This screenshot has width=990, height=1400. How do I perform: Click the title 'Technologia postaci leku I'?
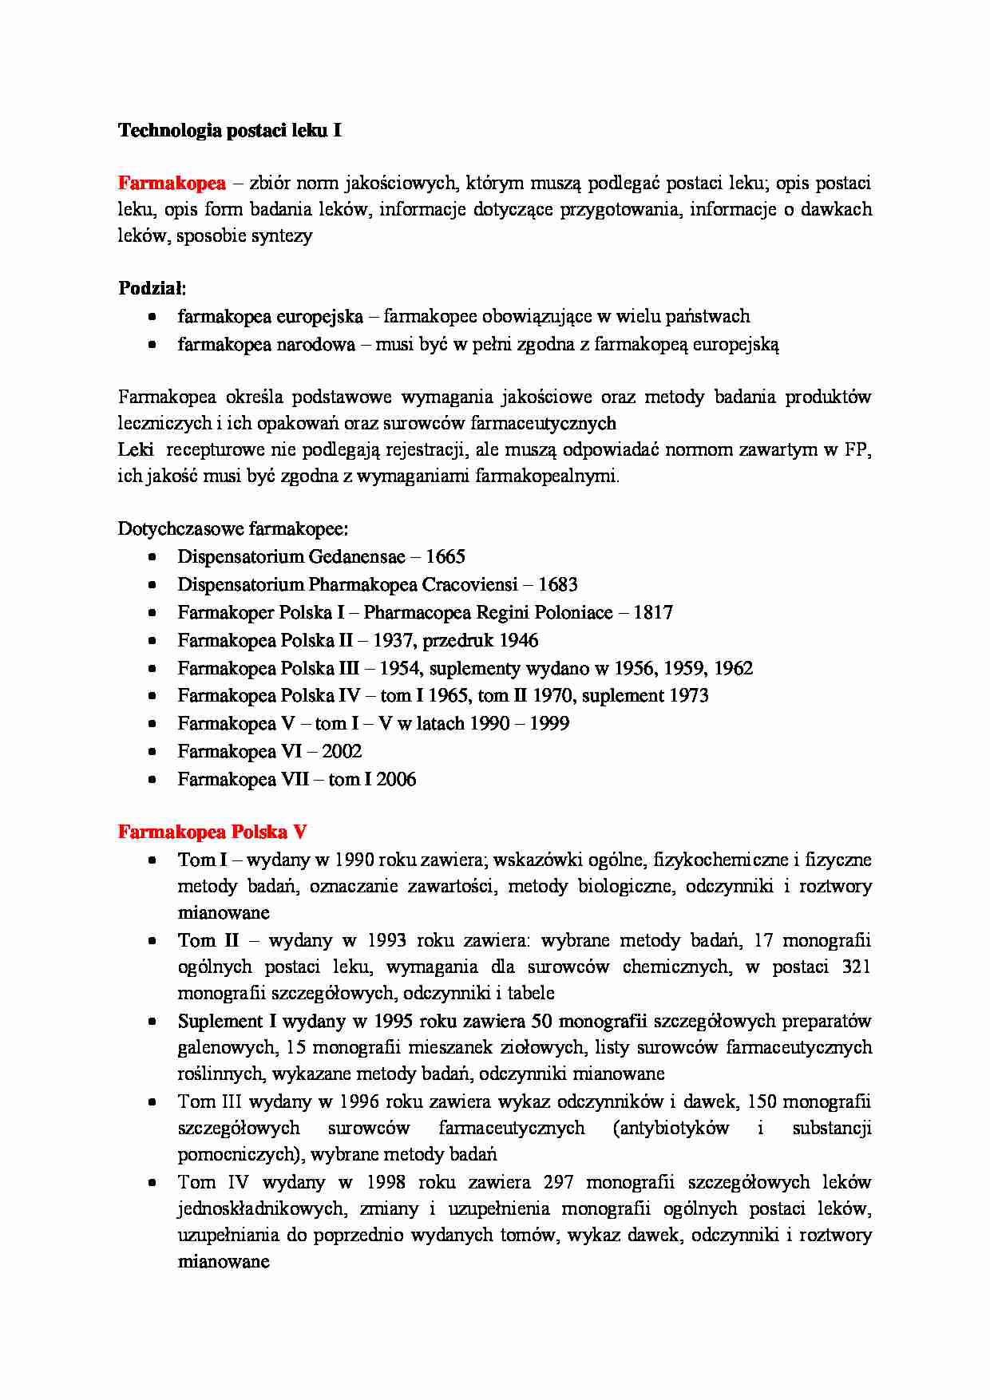coord(230,131)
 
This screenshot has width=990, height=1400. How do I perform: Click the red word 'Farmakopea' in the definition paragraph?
coord(172,184)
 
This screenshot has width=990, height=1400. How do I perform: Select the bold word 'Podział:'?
coord(152,288)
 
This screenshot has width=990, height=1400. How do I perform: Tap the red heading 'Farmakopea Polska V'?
coord(212,832)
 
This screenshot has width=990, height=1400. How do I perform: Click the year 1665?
coord(445,557)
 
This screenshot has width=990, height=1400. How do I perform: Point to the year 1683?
coord(557,585)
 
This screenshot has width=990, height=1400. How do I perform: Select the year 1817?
coord(653,613)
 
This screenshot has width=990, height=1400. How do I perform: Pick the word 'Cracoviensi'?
coord(469,585)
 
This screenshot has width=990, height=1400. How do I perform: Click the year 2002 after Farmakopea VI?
coord(342,752)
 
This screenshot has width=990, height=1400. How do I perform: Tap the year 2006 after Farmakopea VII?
coord(396,780)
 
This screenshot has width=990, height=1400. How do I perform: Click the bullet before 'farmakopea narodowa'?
coord(152,345)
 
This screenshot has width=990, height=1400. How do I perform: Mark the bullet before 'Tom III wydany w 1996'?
coord(152,1102)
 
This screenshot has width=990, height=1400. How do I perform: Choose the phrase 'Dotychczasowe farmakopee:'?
coord(233,529)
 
